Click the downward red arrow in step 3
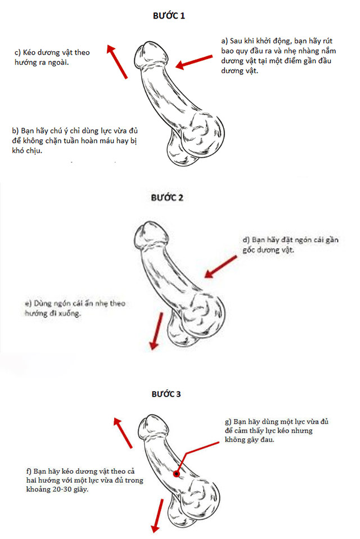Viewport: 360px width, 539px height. (x=157, y=515)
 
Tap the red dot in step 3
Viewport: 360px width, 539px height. (x=177, y=474)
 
